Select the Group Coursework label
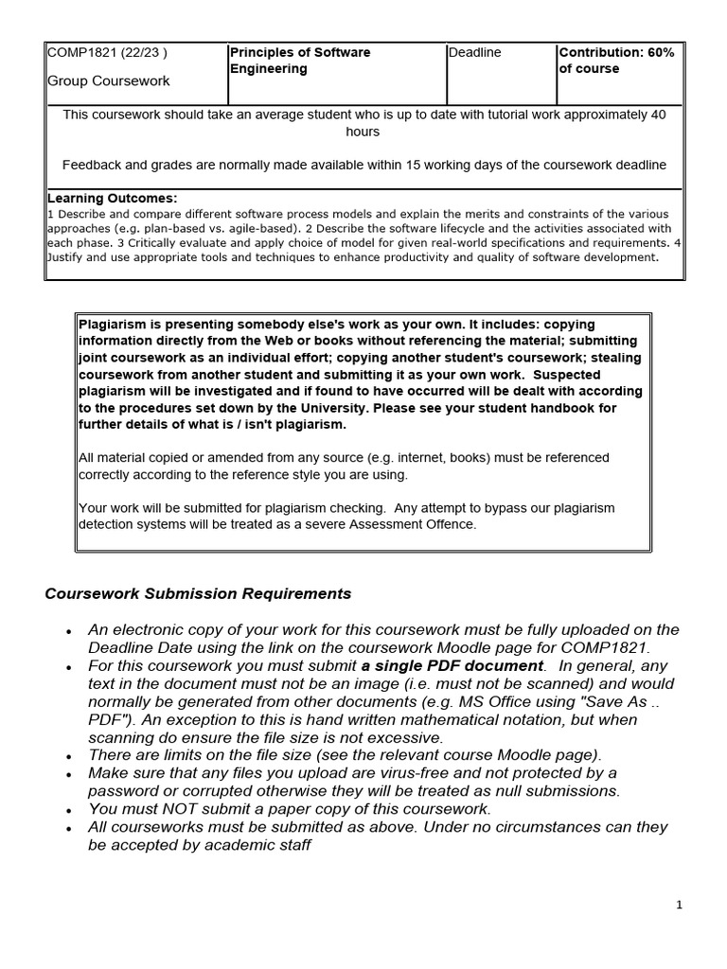coord(109,81)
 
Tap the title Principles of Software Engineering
coord(300,61)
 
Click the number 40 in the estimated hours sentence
coord(658,115)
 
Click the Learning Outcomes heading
coord(112,198)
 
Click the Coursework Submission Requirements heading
coord(198,593)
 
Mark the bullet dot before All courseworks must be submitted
coord(68,828)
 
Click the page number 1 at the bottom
coord(680,906)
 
